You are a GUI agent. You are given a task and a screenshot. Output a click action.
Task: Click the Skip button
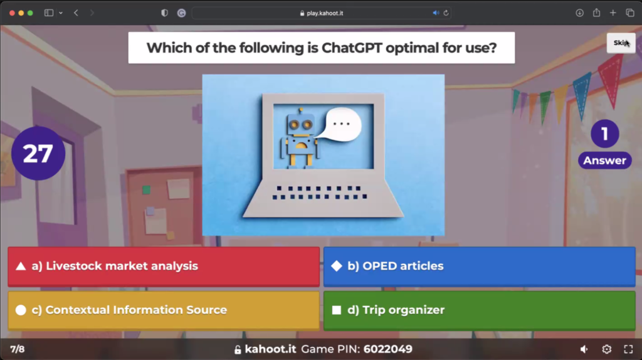(x=621, y=43)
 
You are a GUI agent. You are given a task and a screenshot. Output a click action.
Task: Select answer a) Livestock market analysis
(x=164, y=266)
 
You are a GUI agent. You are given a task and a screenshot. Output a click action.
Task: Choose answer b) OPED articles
(x=480, y=266)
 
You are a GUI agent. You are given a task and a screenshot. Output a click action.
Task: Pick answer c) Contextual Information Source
(x=164, y=310)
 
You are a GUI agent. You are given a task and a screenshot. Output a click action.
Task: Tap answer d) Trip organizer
(x=480, y=310)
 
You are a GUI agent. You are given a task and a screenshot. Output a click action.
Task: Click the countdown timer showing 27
(x=38, y=153)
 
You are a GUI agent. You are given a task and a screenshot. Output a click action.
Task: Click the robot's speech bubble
(x=342, y=124)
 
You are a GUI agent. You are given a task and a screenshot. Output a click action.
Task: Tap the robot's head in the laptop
(x=300, y=124)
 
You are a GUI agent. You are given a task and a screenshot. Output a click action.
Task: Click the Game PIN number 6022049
(x=387, y=349)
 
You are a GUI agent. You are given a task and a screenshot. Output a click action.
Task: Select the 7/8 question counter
(x=17, y=349)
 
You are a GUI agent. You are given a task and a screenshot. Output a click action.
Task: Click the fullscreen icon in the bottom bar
(x=628, y=349)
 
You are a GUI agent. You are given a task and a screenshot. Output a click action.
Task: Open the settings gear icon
(x=607, y=349)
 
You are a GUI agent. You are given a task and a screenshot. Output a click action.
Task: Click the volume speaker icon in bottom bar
(x=584, y=349)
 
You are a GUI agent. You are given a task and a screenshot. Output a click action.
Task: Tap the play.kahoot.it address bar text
(x=325, y=13)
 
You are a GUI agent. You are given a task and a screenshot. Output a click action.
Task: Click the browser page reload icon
(x=446, y=13)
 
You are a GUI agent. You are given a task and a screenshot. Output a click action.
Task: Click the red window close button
(x=12, y=13)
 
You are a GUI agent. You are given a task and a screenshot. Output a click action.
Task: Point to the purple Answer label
(x=605, y=161)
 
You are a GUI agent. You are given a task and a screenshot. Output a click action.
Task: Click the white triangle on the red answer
(x=21, y=267)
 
